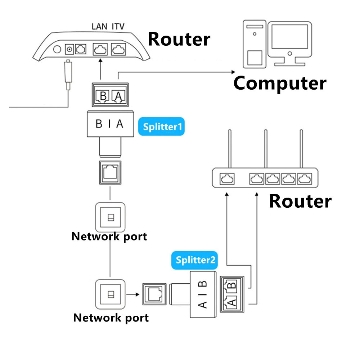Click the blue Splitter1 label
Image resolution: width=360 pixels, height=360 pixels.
point(161,127)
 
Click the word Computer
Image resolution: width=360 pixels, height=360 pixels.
point(280,83)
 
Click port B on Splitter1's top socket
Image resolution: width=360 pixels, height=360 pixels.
point(103,95)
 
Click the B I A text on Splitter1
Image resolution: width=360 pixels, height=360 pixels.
point(109,124)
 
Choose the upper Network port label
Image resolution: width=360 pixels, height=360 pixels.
point(109,237)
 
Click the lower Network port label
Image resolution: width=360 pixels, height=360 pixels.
point(111,318)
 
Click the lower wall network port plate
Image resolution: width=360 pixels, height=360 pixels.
point(111,294)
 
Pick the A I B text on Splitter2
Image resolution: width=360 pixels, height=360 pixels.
point(203,294)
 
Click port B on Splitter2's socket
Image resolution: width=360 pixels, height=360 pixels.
point(231,286)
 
